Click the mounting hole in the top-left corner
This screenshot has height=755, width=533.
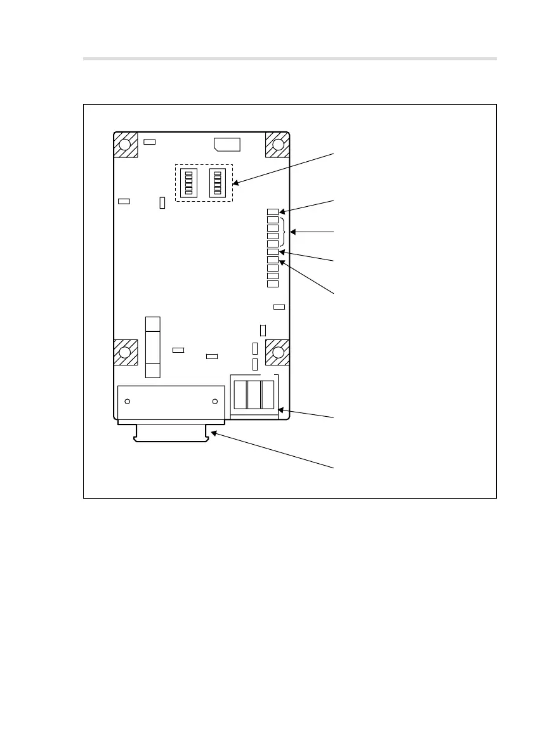click(126, 145)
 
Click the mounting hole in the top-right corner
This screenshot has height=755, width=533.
click(277, 145)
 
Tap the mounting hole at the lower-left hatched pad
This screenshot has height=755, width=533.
click(126, 352)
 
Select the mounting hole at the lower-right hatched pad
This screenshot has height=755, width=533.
click(277, 352)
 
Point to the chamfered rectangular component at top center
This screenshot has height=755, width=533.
click(227, 144)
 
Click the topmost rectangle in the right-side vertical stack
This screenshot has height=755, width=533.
click(273, 212)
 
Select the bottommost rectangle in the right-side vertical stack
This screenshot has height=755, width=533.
click(273, 284)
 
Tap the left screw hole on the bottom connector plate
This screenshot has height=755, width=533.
click(128, 402)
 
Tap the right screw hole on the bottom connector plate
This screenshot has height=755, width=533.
click(215, 402)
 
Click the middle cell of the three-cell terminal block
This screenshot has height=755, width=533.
click(254, 395)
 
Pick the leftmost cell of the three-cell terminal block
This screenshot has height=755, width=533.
click(240, 395)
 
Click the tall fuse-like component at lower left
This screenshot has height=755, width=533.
click(152, 348)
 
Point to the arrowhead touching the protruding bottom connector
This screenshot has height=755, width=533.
click(214, 434)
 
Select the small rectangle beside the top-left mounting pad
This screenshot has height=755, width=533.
click(149, 141)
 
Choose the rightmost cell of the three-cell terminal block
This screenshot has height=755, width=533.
click(268, 395)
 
